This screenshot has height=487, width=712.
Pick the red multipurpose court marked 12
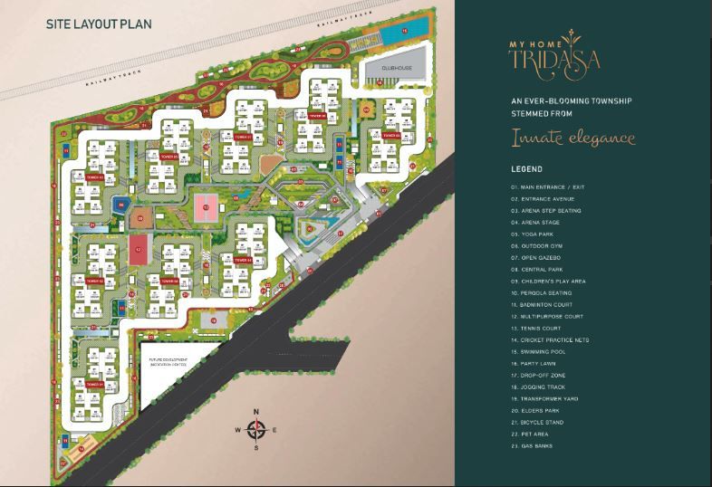pos(138,249)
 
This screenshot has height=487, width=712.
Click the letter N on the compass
pos(256,411)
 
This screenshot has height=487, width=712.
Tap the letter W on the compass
pos(238,429)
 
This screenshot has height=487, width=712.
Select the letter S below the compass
pos(256,447)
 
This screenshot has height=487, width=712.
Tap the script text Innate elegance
pos(572,138)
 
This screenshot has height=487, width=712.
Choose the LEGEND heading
pos(526,169)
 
